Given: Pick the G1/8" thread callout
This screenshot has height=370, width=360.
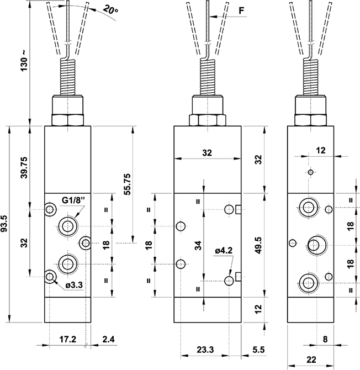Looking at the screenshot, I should click(x=73, y=200).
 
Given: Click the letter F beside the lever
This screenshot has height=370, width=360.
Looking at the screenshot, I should click(x=226, y=10).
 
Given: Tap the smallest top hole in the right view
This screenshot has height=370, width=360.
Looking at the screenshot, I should click(x=311, y=173).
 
